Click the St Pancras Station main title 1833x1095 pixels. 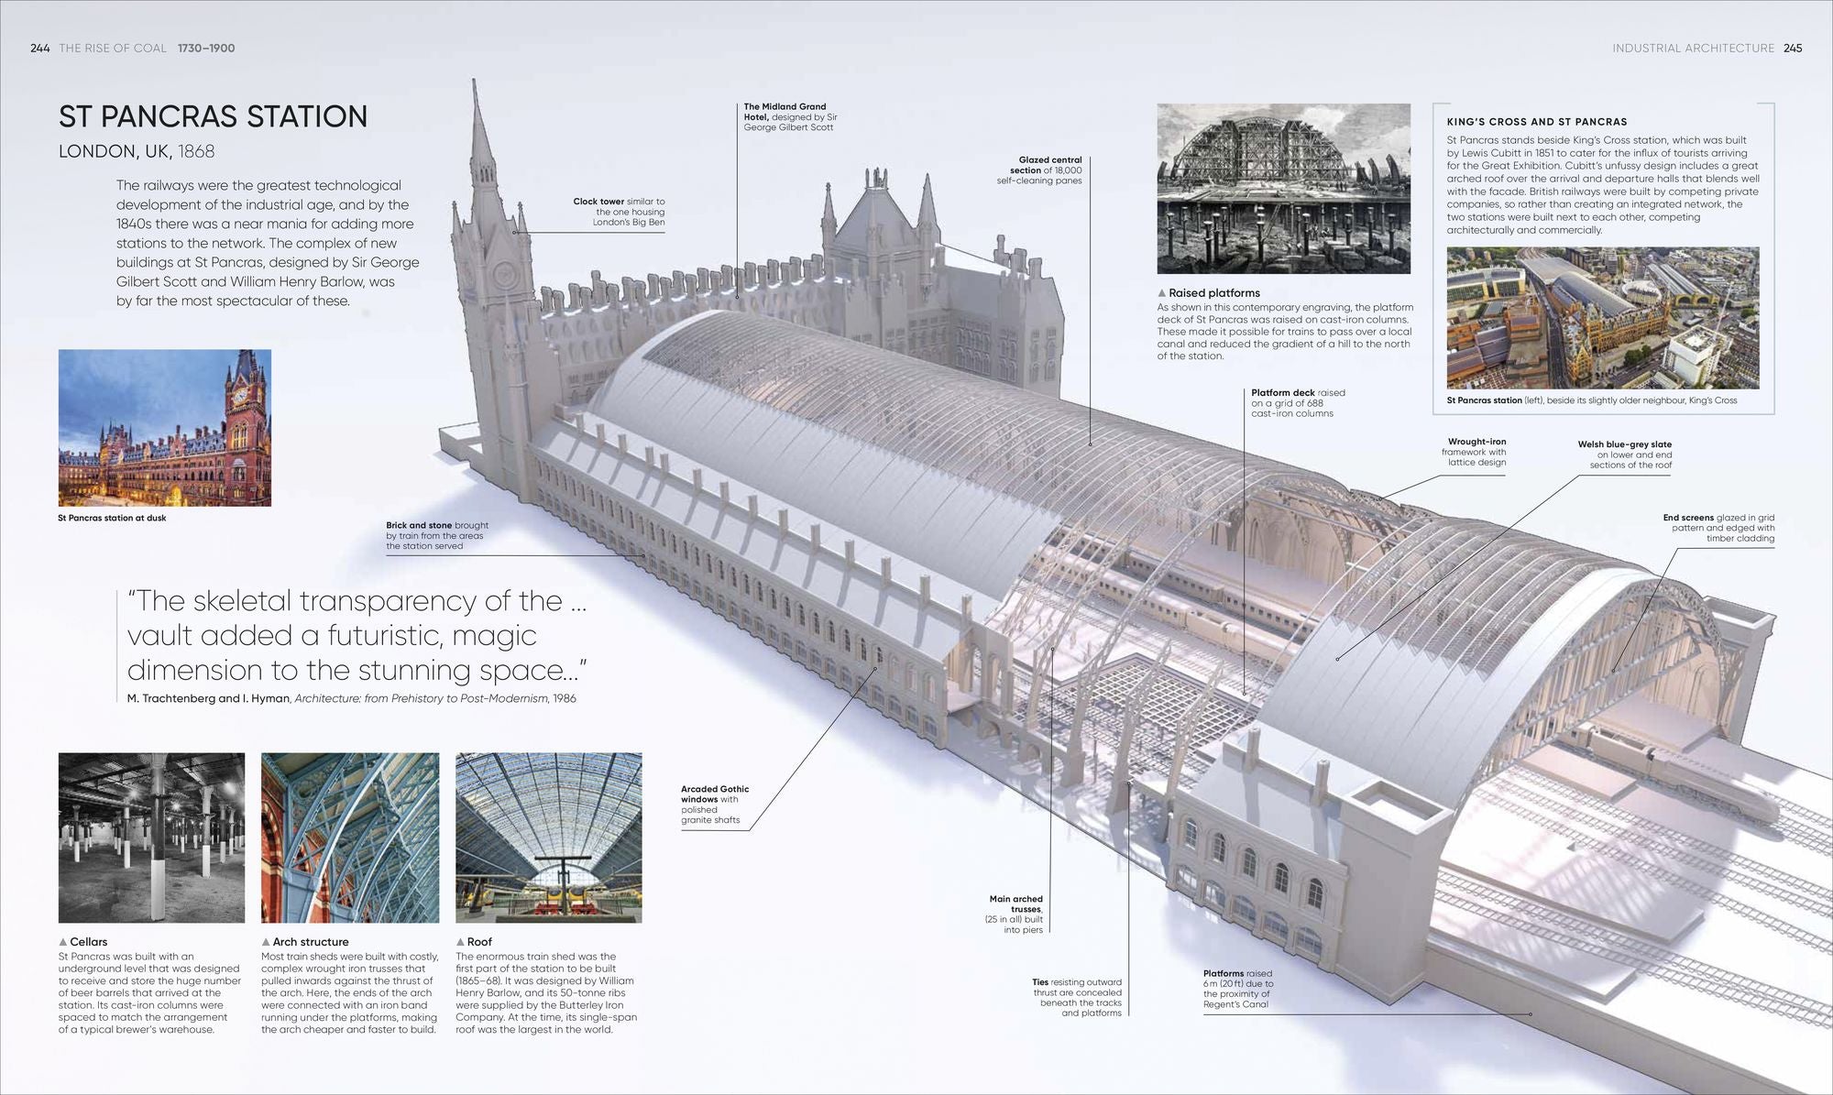point(213,116)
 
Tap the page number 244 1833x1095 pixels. point(40,48)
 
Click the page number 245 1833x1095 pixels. point(1793,48)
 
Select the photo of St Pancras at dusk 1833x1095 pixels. point(165,428)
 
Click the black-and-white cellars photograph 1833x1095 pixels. point(152,838)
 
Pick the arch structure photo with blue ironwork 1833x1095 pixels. point(350,838)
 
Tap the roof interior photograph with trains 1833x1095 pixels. point(549,838)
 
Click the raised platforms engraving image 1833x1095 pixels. point(1283,189)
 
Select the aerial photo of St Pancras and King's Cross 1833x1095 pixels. point(1603,318)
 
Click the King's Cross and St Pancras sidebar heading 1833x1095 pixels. point(1537,122)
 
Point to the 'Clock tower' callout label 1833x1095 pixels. point(620,212)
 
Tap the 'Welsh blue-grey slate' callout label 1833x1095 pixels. point(1625,454)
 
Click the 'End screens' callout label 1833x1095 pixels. point(1719,528)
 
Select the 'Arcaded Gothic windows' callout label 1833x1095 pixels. point(715,805)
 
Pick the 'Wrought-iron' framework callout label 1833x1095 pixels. point(1474,452)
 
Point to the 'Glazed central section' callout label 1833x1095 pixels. point(1039,170)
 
